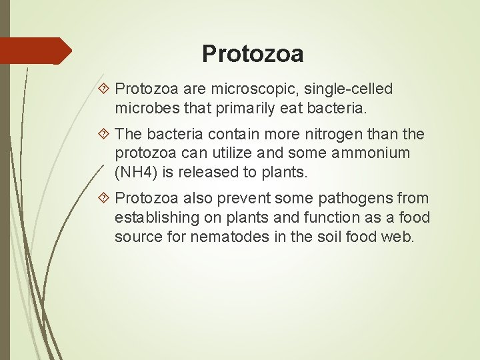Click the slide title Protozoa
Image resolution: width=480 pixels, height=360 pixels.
click(x=253, y=54)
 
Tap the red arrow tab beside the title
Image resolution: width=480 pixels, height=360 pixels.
click(x=36, y=51)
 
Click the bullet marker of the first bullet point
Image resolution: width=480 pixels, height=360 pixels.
click(x=105, y=89)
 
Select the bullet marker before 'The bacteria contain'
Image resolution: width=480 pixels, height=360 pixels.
click(x=105, y=135)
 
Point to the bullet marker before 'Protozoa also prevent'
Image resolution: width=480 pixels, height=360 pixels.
click(x=105, y=199)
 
